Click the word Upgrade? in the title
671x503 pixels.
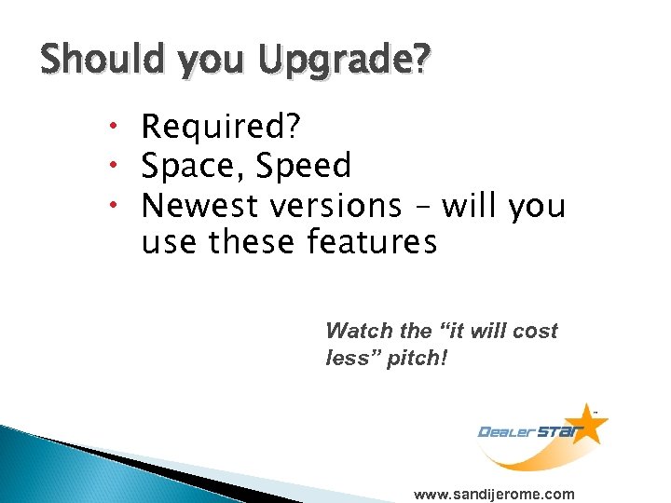(x=346, y=61)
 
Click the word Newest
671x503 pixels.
(x=200, y=204)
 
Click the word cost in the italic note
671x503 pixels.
(x=534, y=331)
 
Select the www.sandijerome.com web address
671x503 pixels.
(x=494, y=494)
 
